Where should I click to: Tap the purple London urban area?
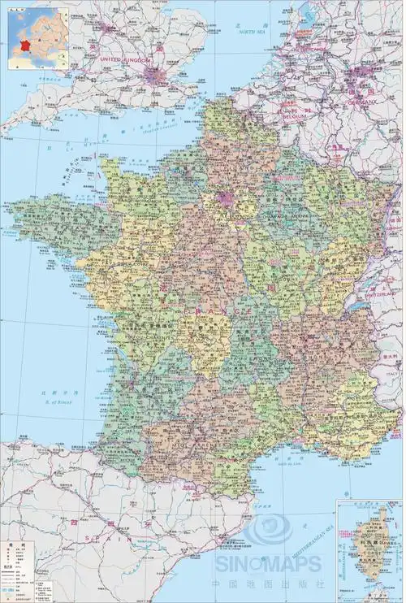click(x=155, y=76)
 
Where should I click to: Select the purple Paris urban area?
click(x=225, y=197)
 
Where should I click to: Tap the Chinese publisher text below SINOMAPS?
click(x=268, y=583)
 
